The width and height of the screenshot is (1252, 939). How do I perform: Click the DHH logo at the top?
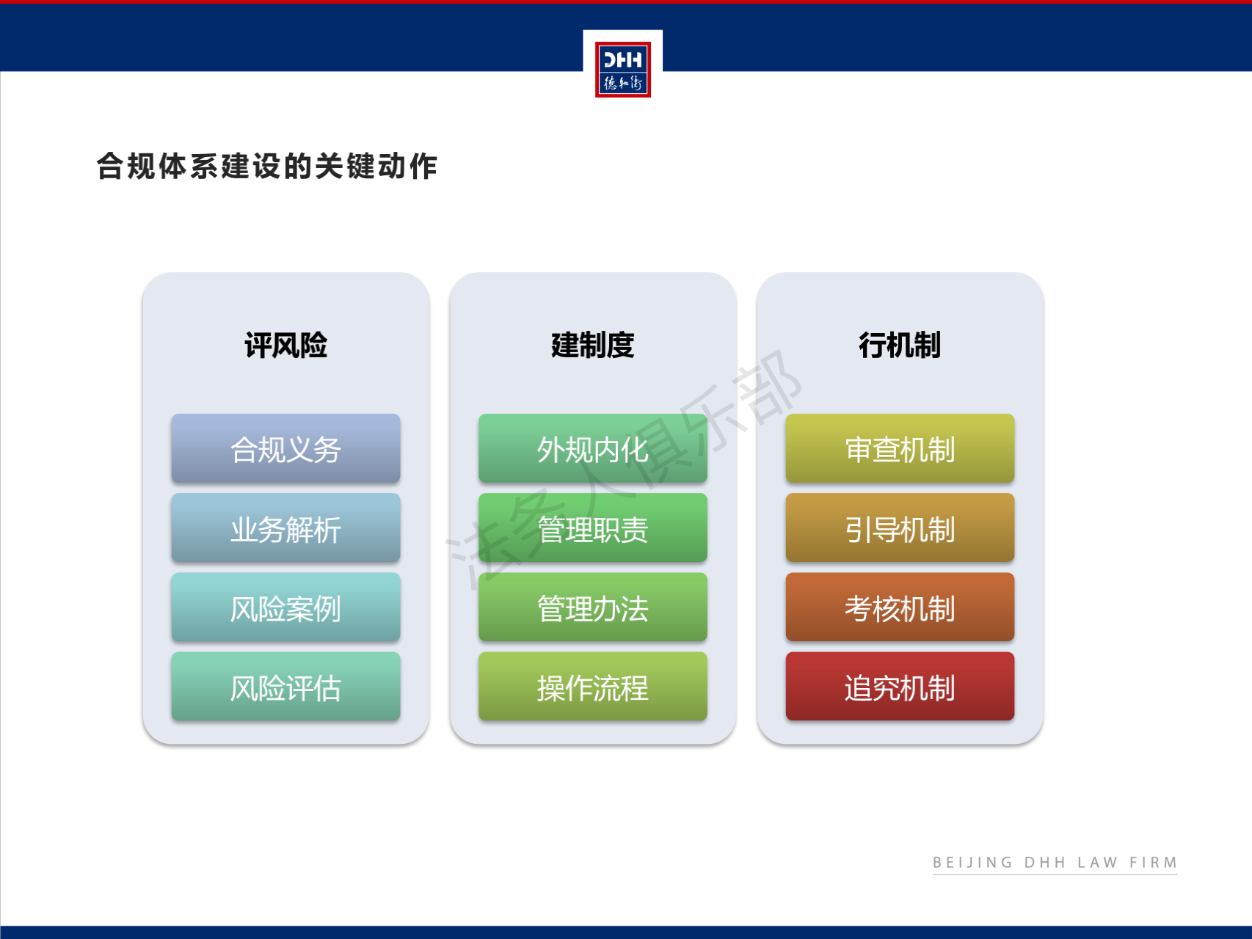[622, 69]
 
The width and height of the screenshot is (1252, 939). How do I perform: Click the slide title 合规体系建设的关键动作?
[267, 166]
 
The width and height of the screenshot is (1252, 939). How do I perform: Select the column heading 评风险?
[285, 345]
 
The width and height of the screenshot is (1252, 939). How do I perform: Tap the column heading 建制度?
[593, 345]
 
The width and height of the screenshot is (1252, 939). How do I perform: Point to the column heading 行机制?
[900, 345]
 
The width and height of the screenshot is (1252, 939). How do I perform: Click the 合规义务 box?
[285, 448]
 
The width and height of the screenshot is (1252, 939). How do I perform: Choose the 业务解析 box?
[285, 528]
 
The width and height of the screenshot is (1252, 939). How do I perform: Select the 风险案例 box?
[285, 607]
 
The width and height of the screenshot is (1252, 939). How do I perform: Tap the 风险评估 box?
[285, 687]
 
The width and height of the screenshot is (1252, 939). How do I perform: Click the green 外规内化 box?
[593, 448]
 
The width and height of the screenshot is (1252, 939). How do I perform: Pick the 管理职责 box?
[593, 528]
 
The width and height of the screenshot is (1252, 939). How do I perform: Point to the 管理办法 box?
[593, 607]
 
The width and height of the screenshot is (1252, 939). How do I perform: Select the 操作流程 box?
[593, 687]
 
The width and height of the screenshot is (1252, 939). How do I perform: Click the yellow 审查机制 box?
[900, 448]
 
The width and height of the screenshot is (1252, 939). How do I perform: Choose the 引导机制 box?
[900, 528]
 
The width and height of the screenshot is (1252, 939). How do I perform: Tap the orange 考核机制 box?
[900, 607]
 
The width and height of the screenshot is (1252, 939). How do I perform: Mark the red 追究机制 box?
[900, 687]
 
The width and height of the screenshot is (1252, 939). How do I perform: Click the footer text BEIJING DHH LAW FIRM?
[1055, 863]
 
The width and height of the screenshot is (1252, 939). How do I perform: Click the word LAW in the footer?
[1097, 863]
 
